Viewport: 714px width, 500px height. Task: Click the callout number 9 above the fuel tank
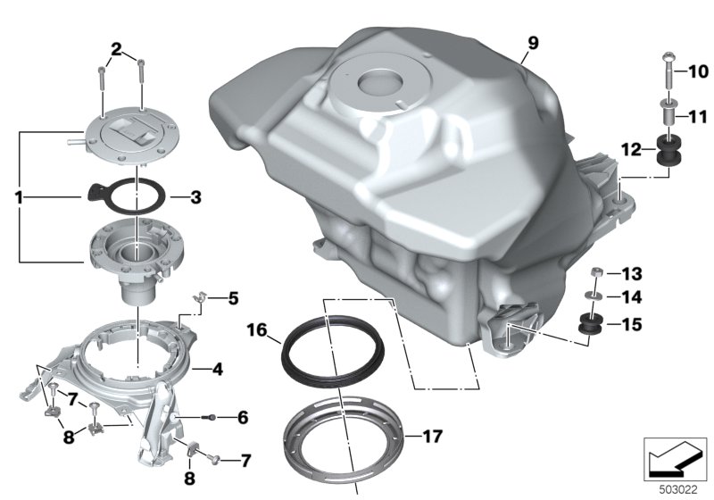[x=533, y=43]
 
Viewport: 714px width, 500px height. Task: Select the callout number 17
[x=433, y=437]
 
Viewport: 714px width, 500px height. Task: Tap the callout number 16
[x=257, y=329]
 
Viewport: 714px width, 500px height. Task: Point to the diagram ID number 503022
[x=678, y=490]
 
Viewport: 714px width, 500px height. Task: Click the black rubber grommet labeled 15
[x=591, y=323]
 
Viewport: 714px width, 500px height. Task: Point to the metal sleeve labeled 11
[x=668, y=112]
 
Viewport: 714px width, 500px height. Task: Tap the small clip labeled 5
[x=200, y=298]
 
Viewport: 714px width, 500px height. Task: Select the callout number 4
[x=218, y=370]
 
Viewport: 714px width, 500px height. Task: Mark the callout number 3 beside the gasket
[x=195, y=197]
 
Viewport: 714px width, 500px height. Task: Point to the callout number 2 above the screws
[x=117, y=49]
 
